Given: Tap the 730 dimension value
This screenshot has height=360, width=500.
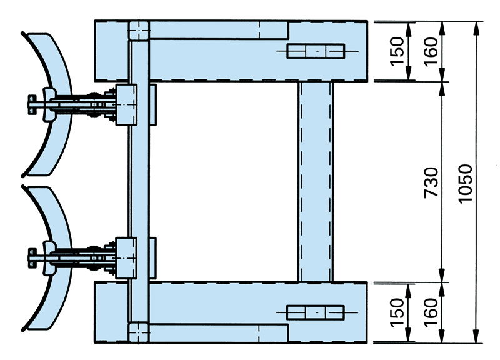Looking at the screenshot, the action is (x=431, y=182).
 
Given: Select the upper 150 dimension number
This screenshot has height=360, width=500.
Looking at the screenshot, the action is (x=397, y=51).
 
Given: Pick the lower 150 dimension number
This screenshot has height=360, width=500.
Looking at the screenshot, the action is (x=397, y=312).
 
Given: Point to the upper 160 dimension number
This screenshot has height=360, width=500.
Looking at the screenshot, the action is (x=431, y=51).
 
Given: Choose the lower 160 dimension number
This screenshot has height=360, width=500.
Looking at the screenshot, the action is (x=431, y=312).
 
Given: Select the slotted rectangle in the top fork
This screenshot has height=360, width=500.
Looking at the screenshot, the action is (x=316, y=51).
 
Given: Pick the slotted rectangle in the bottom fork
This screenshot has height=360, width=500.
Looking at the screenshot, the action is (x=316, y=312).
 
